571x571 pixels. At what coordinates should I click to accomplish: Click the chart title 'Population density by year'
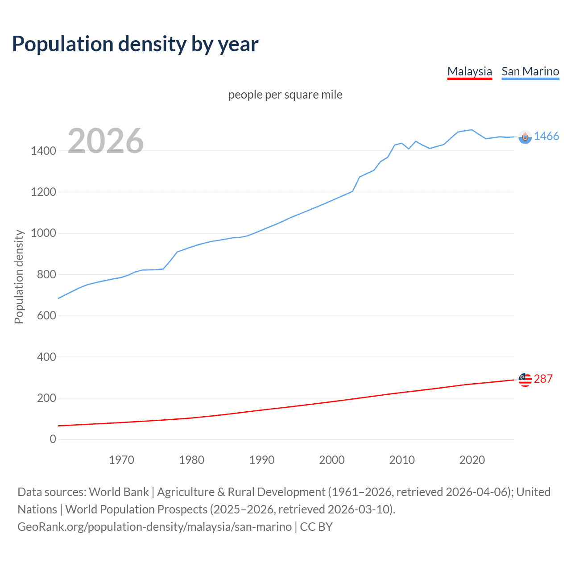135,44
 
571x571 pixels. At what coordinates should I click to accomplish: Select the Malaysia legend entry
469,71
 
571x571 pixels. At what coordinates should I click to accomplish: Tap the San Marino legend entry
530,71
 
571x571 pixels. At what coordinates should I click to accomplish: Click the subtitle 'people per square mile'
285,95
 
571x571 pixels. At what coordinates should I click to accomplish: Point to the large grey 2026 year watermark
106,141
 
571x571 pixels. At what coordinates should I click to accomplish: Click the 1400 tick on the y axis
43,151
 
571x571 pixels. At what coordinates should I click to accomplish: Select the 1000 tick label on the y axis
43,233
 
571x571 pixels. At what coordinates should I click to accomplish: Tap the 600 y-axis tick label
46,315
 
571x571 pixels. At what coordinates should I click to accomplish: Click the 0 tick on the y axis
53,439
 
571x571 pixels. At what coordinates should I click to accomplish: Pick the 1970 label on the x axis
121,460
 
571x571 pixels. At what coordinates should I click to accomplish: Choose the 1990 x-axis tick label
262,460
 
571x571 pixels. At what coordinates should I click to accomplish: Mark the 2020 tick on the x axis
472,460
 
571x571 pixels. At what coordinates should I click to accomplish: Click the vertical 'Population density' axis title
19,277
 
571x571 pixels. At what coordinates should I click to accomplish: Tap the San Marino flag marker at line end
525,137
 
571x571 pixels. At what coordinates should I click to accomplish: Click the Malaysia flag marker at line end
525,380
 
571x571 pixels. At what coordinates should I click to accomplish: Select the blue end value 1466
546,137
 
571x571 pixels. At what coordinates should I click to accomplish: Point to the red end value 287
543,379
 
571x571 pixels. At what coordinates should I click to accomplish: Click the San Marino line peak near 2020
472,130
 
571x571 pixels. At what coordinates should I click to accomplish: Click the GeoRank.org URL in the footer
154,527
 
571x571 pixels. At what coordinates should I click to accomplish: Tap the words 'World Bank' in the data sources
119,492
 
